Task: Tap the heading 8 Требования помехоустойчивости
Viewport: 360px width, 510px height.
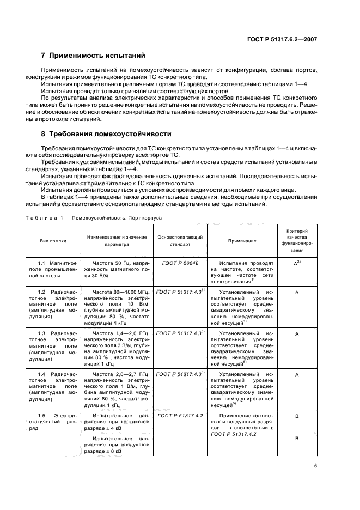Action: click(x=106, y=133)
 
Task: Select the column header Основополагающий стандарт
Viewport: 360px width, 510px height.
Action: click(x=180, y=240)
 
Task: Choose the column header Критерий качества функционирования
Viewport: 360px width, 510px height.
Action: click(x=297, y=240)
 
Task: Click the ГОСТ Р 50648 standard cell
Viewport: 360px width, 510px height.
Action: click(x=180, y=263)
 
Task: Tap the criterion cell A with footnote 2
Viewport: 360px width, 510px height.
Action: click(x=297, y=263)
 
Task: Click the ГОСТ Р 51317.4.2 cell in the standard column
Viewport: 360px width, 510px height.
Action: click(x=180, y=415)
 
